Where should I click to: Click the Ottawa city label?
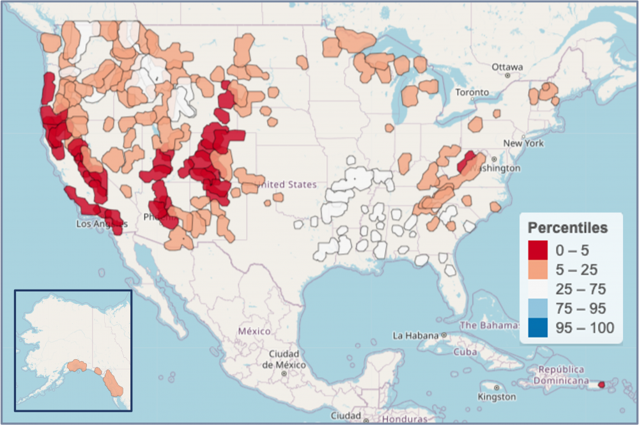pos(507,67)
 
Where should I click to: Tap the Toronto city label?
pos(472,93)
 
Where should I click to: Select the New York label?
pos(523,143)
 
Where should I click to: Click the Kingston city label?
pos(497,397)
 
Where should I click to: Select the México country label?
pos(254,331)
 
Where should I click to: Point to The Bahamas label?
pos(489,325)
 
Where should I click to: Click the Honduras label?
pos(403,419)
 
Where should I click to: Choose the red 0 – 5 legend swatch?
pos(539,251)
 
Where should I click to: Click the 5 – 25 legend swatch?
pos(539,270)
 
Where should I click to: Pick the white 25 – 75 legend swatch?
pos(539,290)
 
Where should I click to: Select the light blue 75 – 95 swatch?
pos(539,309)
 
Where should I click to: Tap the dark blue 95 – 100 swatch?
pos(539,328)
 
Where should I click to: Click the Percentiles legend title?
pos(567,228)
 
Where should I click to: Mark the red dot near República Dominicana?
pos(601,385)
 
